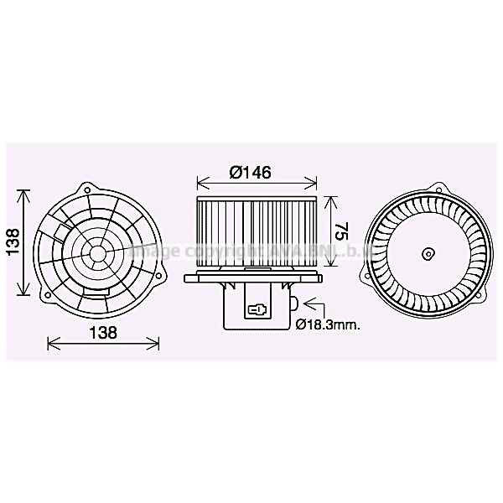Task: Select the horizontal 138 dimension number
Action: (102, 332)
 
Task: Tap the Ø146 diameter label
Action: (250, 172)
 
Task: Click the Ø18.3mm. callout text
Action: (328, 325)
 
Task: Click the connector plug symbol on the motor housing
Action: (257, 309)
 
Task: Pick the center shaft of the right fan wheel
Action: (428, 251)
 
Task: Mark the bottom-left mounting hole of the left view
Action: (48, 295)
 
